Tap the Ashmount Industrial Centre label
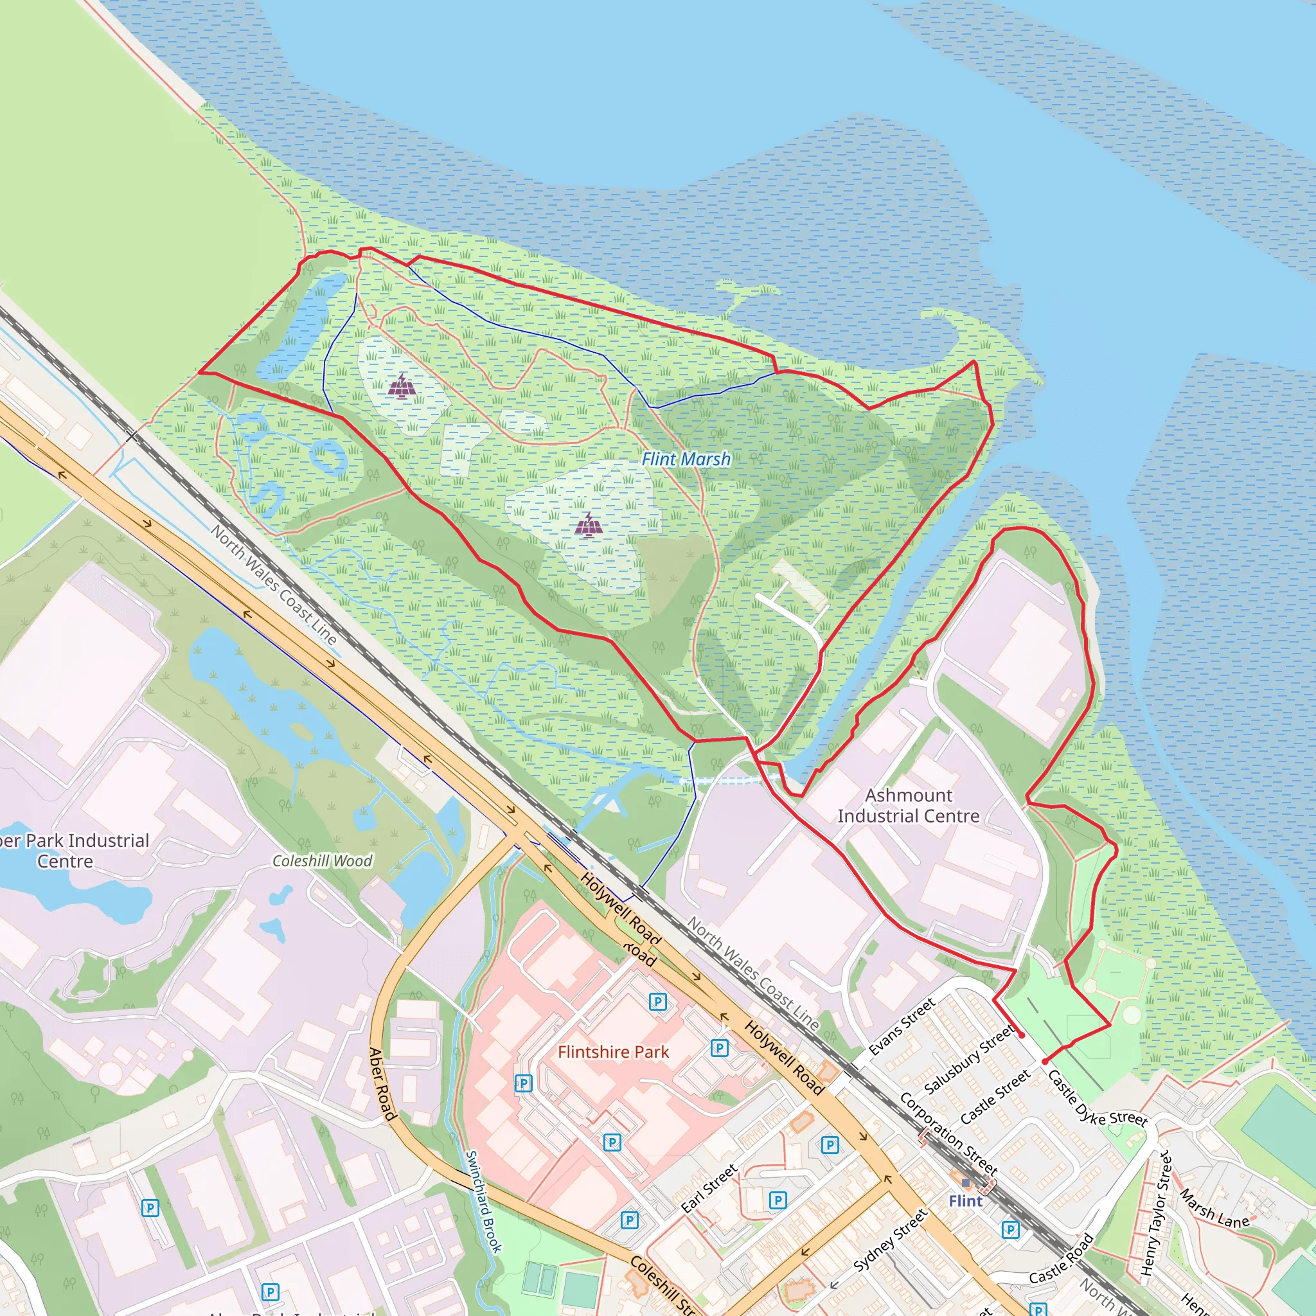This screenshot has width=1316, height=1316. click(908, 805)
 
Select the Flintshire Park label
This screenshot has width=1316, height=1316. click(613, 1052)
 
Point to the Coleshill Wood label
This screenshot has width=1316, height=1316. click(322, 861)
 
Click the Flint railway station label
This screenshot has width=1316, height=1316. click(965, 1201)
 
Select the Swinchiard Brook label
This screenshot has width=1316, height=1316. click(483, 1202)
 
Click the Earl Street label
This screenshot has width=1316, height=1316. click(709, 1189)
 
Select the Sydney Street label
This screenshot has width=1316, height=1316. click(890, 1240)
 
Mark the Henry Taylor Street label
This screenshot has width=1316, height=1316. click(1157, 1213)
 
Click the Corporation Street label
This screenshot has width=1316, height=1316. click(948, 1134)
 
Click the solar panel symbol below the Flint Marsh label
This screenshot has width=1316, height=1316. click(589, 524)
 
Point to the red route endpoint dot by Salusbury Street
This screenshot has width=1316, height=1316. click(1022, 1035)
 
